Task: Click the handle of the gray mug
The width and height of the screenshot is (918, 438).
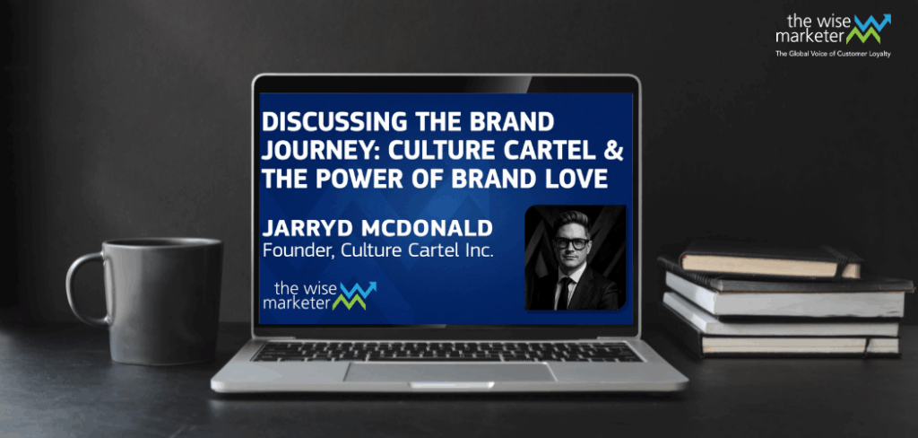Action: [x=76, y=287]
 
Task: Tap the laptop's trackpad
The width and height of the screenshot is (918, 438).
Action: [x=449, y=372]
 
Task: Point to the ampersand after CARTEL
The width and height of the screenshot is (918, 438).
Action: [x=615, y=151]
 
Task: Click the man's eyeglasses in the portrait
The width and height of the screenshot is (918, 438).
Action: [x=571, y=242]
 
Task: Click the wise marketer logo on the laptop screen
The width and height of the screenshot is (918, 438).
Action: [x=320, y=295]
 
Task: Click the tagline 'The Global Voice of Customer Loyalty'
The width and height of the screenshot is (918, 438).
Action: [x=833, y=54]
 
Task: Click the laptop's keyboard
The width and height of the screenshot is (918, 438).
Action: [x=447, y=351]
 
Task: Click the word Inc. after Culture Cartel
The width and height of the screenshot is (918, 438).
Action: [x=478, y=250]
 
